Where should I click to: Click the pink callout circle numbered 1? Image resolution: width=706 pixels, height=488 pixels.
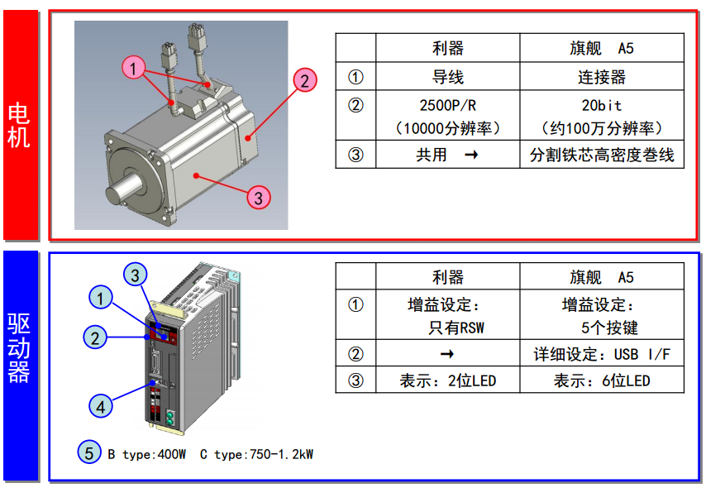(135, 66)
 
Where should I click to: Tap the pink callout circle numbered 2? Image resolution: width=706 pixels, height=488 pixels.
(304, 80)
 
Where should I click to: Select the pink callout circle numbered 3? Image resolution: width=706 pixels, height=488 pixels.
(259, 198)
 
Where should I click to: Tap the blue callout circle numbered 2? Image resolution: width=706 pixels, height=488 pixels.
(96, 337)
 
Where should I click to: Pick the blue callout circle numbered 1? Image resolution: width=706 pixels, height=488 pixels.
(101, 298)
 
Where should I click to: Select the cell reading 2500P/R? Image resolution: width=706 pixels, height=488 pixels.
(448, 106)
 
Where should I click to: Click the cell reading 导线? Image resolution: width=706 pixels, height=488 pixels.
(448, 78)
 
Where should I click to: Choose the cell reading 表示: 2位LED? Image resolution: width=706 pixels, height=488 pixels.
(448, 380)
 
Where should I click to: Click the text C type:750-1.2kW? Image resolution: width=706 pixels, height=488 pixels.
(256, 454)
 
